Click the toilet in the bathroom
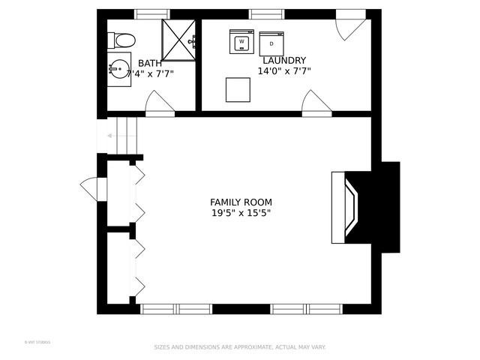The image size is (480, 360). coord(121,40)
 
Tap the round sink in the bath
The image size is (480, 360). coord(118,70)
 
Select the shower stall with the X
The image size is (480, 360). coord(180,39)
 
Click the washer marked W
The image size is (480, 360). coord(242,41)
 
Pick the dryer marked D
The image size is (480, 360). coord(271,43)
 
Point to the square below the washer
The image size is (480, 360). coord(238,89)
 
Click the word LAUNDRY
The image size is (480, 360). coord(283,60)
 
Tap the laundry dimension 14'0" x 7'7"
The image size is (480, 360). coord(283,72)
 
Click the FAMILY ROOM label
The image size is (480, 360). coord(240,202)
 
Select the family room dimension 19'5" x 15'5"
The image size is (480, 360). coord(240,214)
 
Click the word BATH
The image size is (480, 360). coord(149,63)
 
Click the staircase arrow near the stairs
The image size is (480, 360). coord(110,136)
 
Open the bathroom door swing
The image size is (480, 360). coord(158,103)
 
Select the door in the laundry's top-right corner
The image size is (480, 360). coord(351,26)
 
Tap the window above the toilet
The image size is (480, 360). coord(152,13)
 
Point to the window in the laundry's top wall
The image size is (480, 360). coord(266,13)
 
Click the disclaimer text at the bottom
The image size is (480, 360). coord(240,347)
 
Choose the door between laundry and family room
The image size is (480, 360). coord(315,103)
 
